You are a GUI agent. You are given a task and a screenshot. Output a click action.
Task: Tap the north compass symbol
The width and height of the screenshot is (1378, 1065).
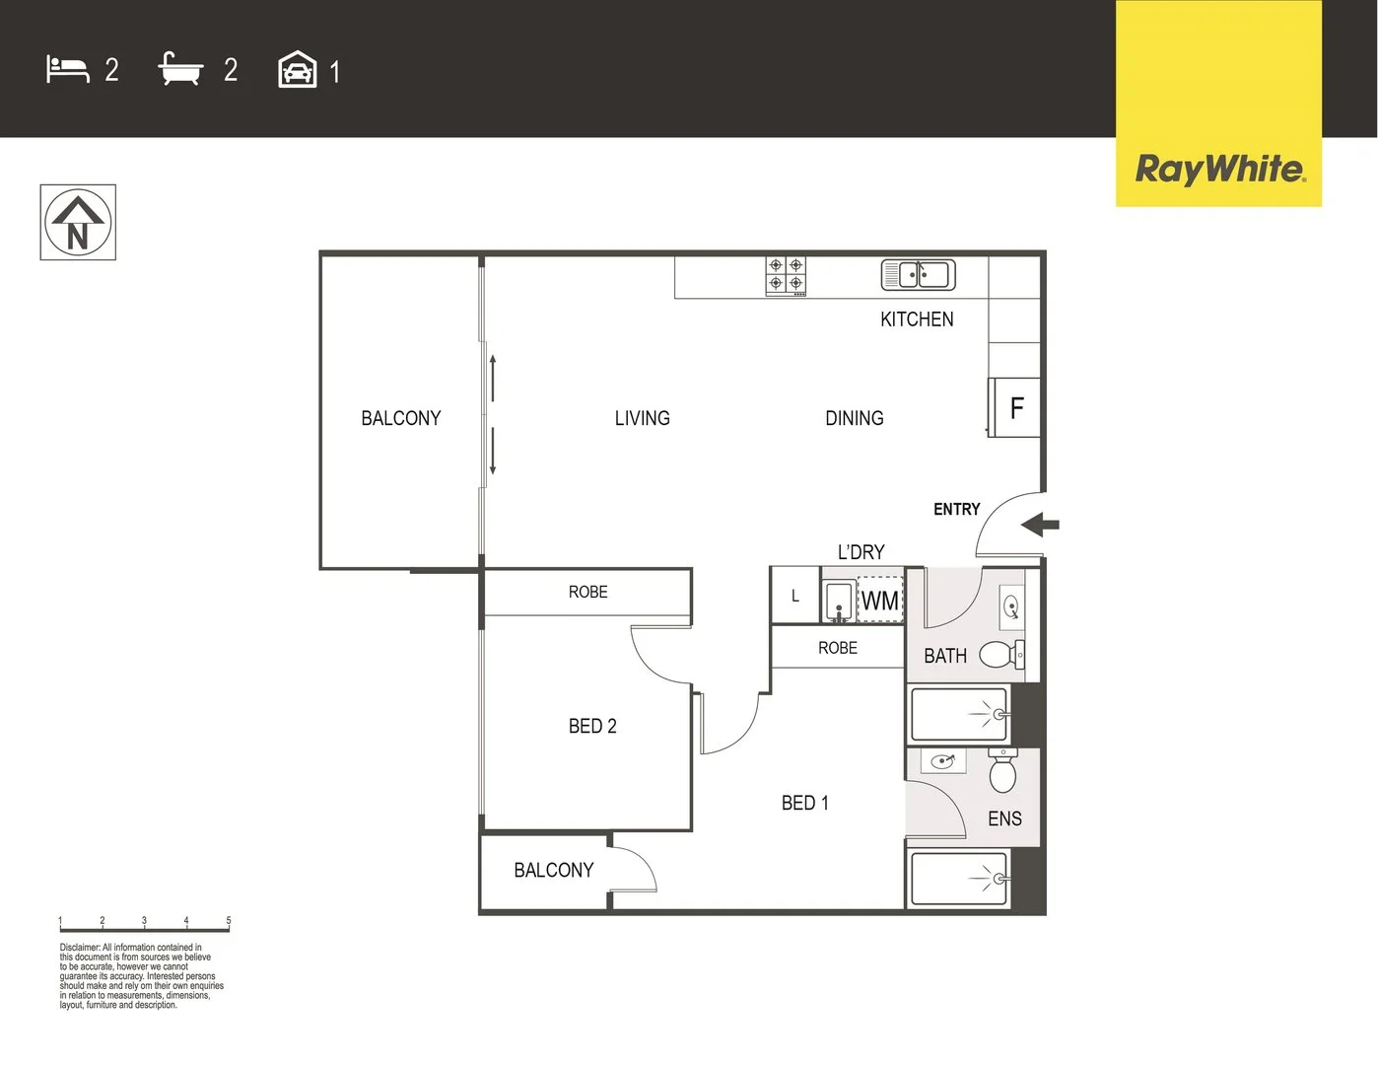point(78,223)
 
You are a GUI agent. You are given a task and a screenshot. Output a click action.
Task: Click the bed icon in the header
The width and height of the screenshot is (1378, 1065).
point(67,69)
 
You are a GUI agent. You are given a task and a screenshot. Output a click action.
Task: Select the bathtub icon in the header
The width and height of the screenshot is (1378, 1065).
point(180,69)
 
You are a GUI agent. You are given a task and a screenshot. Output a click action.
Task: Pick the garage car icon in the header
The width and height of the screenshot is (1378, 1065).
point(297,70)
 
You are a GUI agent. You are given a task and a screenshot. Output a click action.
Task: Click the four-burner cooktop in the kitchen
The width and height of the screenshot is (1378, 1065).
point(786,276)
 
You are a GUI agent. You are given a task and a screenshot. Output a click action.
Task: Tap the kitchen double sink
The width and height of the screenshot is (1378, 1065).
point(918,274)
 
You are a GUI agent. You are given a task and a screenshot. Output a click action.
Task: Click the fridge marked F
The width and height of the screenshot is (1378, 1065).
point(1015,407)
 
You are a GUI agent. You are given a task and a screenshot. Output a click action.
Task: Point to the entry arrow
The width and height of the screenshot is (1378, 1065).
point(1039,525)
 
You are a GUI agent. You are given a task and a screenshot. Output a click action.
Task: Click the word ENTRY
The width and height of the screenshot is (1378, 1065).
point(956,509)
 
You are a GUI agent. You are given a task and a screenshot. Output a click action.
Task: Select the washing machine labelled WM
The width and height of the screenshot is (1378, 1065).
point(879,601)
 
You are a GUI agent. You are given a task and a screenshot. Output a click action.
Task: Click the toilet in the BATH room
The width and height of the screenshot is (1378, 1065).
point(1001,654)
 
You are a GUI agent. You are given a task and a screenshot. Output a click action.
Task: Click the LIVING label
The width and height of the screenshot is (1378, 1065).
point(642,418)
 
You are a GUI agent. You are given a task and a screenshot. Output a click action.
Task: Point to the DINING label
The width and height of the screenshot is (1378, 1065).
point(854,418)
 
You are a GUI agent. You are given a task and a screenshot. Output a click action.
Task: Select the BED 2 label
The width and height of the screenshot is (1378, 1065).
point(592,726)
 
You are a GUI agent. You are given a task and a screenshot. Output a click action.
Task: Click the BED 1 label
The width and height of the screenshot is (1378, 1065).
point(804,803)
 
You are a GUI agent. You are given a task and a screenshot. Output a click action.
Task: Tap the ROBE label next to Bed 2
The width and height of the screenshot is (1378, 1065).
point(587,592)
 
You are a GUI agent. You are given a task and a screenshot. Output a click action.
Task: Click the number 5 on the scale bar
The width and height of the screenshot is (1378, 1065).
point(229,921)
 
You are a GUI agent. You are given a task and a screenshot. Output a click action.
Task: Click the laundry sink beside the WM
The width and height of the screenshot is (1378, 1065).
point(839,601)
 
